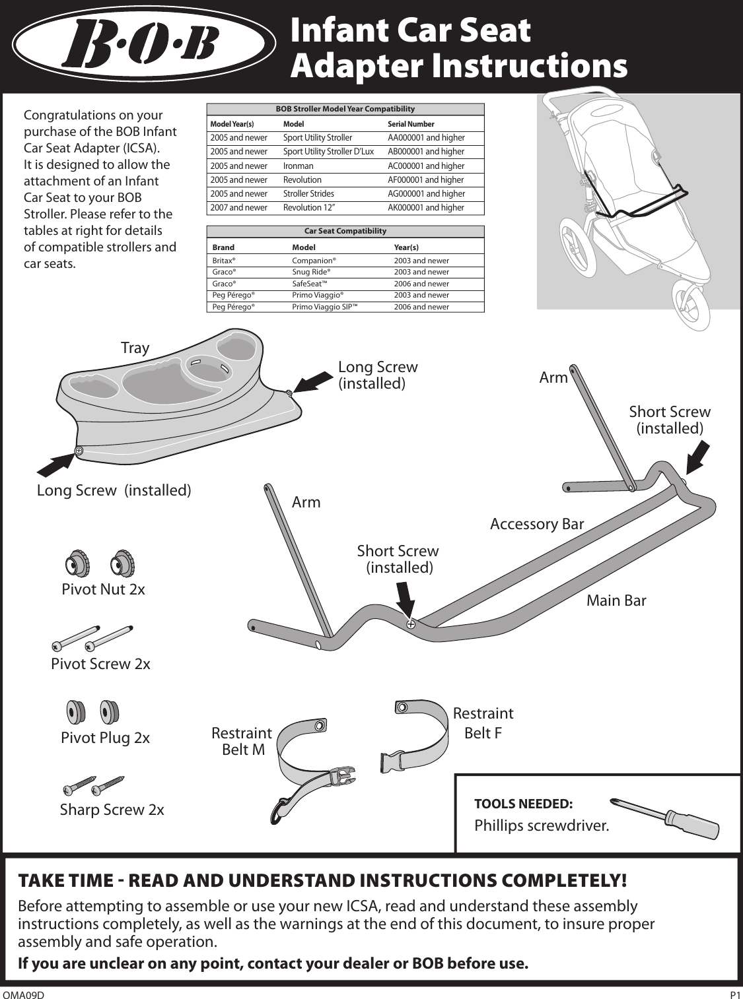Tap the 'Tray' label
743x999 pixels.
tap(135, 348)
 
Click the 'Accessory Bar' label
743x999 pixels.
tap(537, 524)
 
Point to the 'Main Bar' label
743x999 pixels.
tap(616, 600)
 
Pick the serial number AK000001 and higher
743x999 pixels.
tap(426, 208)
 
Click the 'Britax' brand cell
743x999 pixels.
tap(224, 261)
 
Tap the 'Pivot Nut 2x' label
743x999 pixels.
tap(103, 589)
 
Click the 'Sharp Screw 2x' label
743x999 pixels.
tap(112, 810)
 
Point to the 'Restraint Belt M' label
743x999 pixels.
tap(242, 741)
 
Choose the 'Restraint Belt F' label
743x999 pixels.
tap(483, 723)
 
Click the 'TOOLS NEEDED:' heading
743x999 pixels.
tap(524, 804)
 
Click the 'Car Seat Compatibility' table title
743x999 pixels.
tap(345, 231)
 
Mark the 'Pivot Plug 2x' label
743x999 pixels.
tap(105, 738)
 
